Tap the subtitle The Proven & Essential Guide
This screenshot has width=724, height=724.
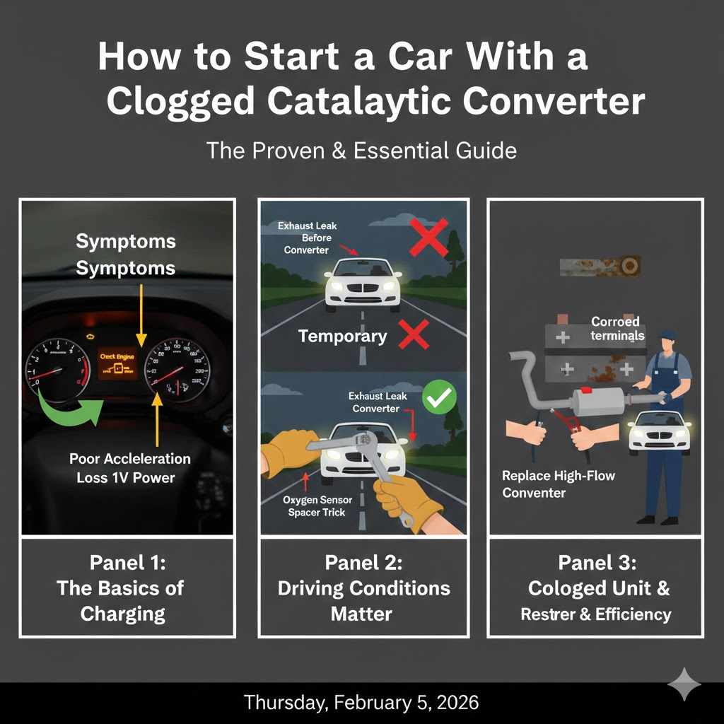[361, 151]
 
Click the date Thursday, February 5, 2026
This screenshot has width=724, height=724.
[361, 702]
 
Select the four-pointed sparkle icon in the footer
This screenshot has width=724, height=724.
[684, 684]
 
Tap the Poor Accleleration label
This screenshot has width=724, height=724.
[129, 458]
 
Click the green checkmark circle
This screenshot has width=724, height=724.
[436, 400]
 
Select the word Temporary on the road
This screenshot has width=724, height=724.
[342, 336]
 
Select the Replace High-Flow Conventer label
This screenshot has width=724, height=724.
[559, 484]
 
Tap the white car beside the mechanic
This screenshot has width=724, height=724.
[659, 430]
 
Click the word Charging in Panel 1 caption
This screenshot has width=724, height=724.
[123, 613]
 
